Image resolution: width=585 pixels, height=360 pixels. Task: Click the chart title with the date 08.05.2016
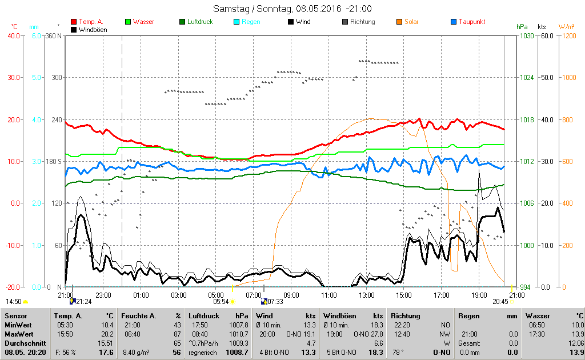pos(292,9)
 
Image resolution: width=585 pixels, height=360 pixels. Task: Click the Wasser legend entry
pos(142,22)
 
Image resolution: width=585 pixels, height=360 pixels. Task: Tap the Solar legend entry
pos(411,22)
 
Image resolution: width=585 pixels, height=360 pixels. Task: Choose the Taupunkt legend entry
pos(471,22)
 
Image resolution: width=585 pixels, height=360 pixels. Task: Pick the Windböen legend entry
pos(91,29)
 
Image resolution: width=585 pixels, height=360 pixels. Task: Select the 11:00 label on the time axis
pos(329,295)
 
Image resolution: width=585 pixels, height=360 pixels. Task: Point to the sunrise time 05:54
pos(221,301)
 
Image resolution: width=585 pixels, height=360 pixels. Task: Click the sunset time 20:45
pos(500,301)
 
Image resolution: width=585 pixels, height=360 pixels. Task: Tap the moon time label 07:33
pos(275,301)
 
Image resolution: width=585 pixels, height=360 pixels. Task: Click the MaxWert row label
pos(18,334)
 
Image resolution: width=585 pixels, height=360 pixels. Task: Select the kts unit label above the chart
pos(542,27)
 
